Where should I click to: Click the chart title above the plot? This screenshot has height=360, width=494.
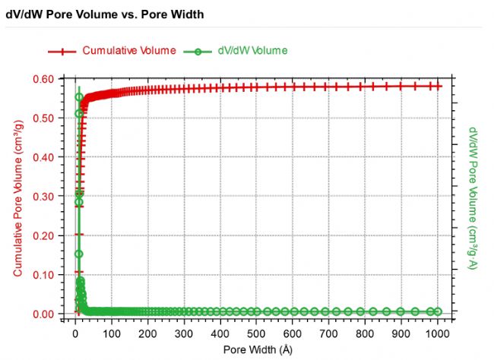(106, 14)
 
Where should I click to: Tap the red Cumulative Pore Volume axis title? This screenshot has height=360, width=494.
(17, 196)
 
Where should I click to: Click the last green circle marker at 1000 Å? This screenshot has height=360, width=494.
(437, 311)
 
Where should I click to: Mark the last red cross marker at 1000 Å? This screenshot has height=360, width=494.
(437, 87)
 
